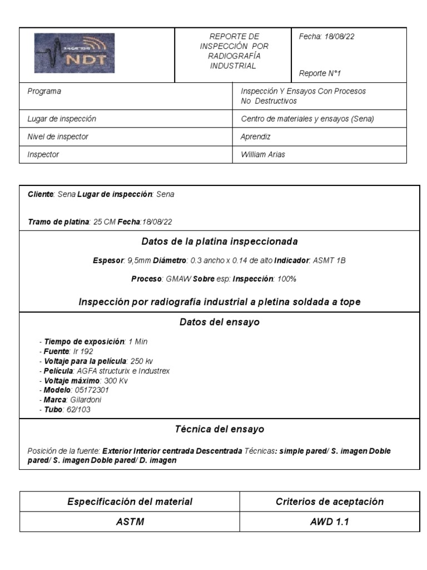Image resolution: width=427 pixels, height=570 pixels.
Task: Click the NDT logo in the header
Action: click(75, 53)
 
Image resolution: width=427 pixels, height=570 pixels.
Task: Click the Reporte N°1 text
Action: click(320, 73)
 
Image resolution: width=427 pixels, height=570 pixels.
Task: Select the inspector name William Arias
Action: click(262, 155)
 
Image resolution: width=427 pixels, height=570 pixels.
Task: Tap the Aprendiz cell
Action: click(255, 136)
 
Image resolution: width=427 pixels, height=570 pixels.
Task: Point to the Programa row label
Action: click(44, 91)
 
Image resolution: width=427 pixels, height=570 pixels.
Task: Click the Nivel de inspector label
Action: click(58, 136)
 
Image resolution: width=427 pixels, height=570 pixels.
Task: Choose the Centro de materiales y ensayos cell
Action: click(307, 119)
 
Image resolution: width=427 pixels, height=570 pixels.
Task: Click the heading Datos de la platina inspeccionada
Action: click(220, 242)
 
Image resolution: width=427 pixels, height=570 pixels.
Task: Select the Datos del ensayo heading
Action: click(220, 322)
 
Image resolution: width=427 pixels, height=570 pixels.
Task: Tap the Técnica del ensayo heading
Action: click(220, 429)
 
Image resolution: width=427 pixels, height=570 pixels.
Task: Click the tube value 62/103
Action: click(78, 410)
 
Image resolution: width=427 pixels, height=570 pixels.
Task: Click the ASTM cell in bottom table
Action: click(130, 522)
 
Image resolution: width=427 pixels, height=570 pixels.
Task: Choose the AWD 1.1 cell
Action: click(330, 522)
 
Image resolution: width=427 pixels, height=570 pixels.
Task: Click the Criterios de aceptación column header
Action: click(330, 502)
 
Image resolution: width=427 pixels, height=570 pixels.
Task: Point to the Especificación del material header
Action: click(130, 502)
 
